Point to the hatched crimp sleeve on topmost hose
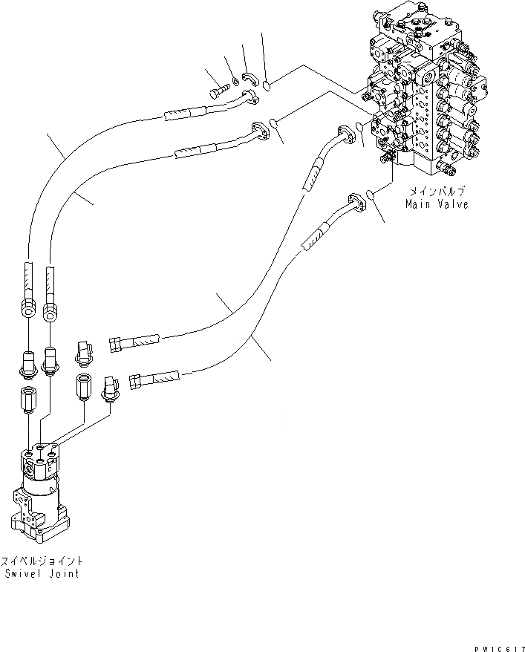(183, 114)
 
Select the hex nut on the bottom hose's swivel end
(137, 382)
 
